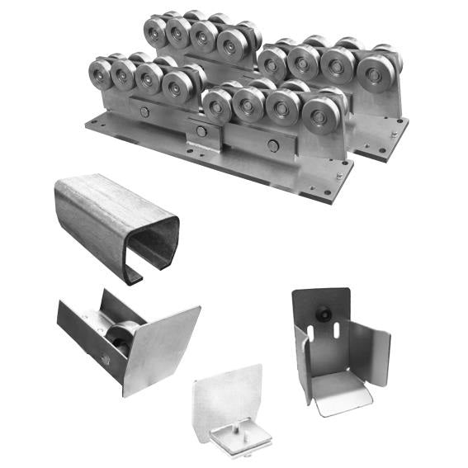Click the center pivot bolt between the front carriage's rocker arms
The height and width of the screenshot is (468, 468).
pos(201,130)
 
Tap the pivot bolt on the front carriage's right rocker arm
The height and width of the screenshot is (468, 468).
pos(272,145)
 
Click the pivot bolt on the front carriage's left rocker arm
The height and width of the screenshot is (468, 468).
pos(145,112)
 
